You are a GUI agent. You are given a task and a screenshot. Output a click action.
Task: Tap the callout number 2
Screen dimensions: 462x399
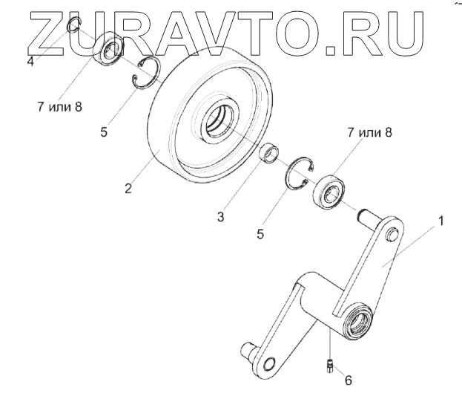tap(128, 189)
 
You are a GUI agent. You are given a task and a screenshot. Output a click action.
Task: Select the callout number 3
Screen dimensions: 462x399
tap(220, 216)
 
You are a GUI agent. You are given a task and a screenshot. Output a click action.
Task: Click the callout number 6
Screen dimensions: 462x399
tap(348, 380)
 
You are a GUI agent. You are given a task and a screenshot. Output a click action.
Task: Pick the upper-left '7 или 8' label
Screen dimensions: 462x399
tap(59, 106)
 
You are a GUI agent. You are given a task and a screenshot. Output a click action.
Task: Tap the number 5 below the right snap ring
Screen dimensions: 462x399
tap(260, 233)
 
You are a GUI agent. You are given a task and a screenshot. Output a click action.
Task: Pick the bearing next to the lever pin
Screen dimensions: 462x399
tap(331, 189)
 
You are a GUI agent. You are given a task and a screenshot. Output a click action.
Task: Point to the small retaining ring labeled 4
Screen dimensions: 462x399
tap(72, 27)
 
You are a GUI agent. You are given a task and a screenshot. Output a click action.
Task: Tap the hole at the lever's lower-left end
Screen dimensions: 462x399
tap(270, 363)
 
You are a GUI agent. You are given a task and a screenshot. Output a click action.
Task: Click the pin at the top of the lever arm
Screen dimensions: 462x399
tap(392, 235)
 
